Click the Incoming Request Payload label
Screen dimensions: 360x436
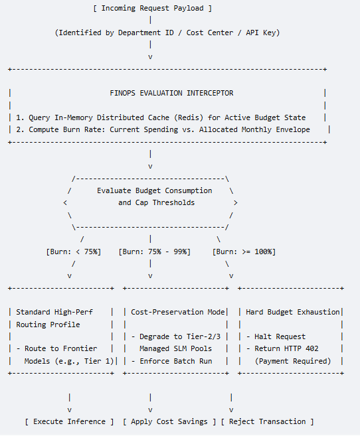[x=153, y=9]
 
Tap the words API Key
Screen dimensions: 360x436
[x=262, y=33]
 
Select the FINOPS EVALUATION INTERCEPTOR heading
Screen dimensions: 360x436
[x=171, y=93]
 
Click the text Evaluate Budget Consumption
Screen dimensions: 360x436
[x=154, y=190]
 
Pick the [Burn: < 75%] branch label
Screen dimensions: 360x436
[x=74, y=252]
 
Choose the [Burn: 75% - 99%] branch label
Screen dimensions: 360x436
[x=154, y=252]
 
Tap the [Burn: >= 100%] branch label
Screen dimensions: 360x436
[x=244, y=252]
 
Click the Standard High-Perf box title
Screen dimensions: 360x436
[x=54, y=313]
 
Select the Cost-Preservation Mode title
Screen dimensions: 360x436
[x=178, y=313]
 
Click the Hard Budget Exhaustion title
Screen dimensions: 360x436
[x=293, y=313]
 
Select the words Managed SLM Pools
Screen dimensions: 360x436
[x=175, y=348]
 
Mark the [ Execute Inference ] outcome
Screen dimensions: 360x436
[x=69, y=422]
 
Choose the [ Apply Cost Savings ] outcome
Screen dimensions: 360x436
[x=169, y=422]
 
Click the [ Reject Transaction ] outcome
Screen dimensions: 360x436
[x=268, y=422]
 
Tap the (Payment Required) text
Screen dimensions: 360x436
[x=293, y=361]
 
